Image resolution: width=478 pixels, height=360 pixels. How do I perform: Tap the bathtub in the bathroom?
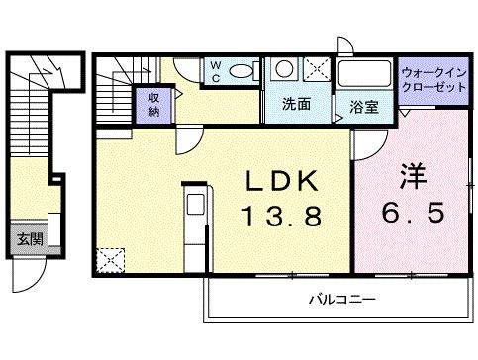(x=364, y=76)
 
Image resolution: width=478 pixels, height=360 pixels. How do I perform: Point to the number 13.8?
(x=282, y=215)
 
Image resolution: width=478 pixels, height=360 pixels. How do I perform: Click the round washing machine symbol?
(x=284, y=70)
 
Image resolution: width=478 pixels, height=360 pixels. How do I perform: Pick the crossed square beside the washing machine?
(x=318, y=71)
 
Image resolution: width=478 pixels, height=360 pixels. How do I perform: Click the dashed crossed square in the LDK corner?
(x=109, y=261)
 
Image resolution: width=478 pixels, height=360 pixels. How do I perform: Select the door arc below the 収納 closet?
(x=186, y=139)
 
